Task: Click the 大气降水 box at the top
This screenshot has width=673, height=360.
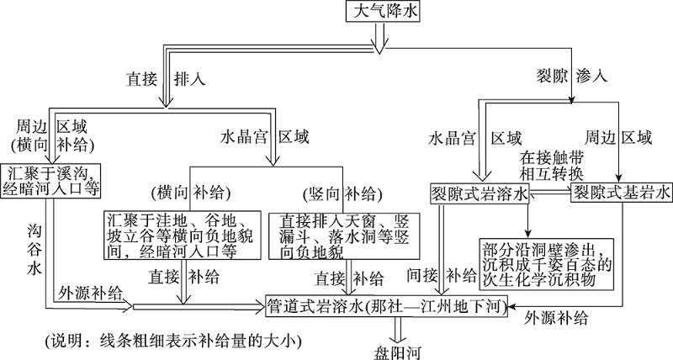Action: point(383,12)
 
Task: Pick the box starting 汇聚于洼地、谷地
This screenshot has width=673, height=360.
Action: point(176,233)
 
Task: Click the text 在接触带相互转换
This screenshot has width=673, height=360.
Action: point(550,165)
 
